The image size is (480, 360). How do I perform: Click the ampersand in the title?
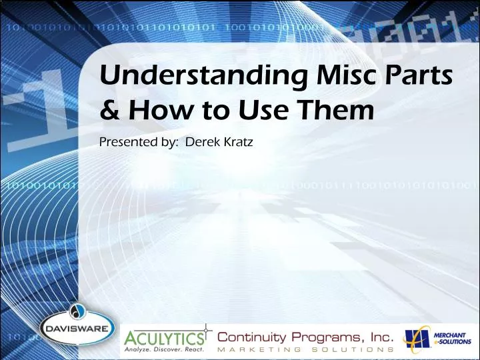point(109,109)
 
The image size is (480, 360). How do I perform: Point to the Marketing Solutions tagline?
point(306,349)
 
